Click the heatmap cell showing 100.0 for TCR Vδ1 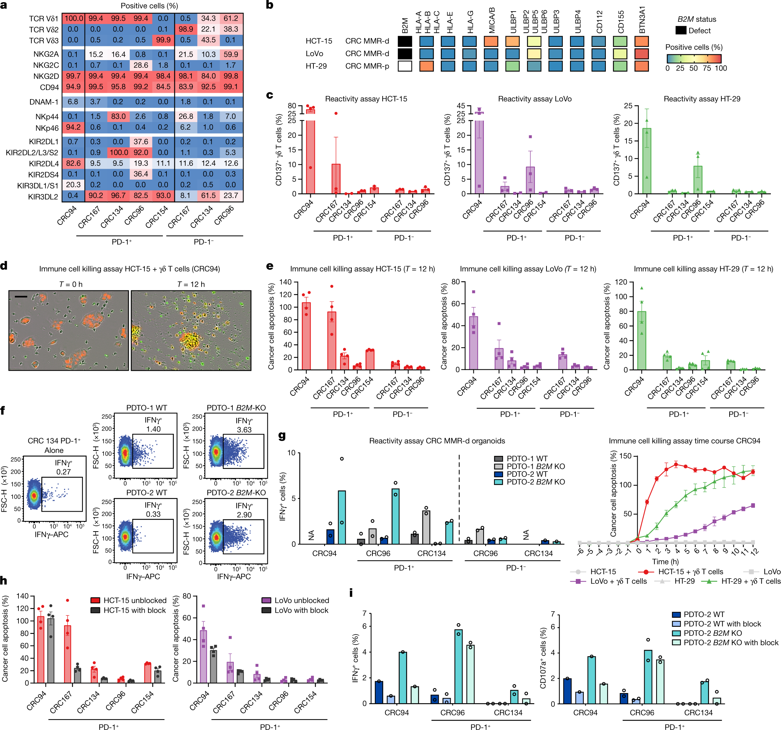73,18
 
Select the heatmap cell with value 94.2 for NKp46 73,127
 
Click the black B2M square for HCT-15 405,41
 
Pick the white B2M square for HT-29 405,66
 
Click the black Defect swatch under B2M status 681,31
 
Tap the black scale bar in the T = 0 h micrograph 21,297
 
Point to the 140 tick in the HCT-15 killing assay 285,282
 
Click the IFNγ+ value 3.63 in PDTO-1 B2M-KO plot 244,430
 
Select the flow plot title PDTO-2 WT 147,492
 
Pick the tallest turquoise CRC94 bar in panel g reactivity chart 342,517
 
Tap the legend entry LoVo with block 301,610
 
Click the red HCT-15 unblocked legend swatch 96,600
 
